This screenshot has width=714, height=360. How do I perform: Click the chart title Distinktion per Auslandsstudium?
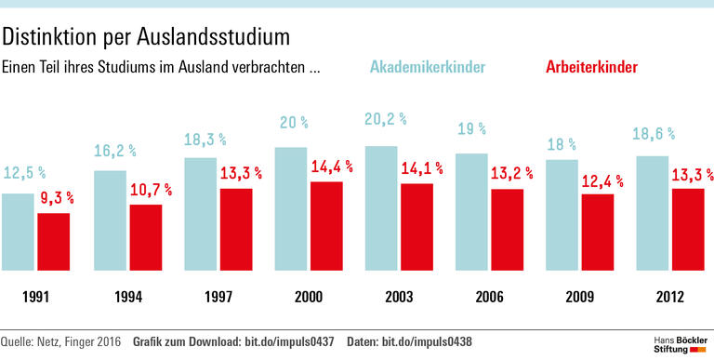[x=145, y=37]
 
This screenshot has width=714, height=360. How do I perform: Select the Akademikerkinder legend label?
[x=428, y=68]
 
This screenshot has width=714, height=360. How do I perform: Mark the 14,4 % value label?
[x=331, y=167]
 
